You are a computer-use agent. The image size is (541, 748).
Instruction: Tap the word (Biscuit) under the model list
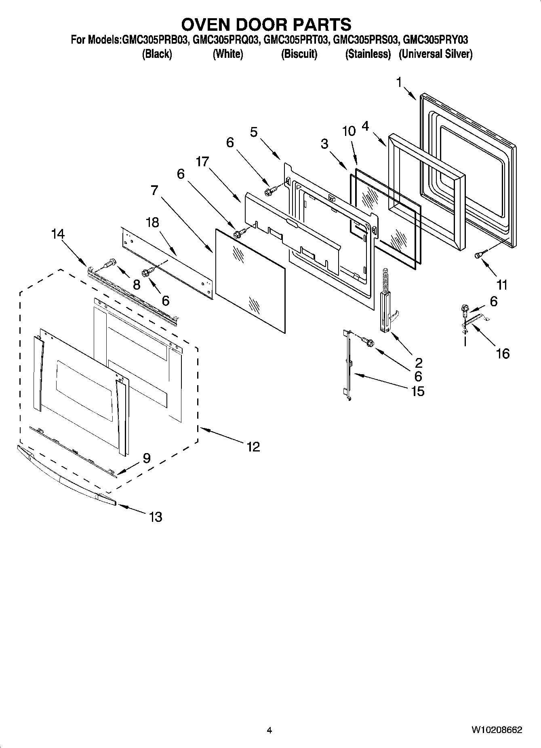tap(299, 54)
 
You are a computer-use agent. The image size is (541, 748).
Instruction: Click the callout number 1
tap(399, 83)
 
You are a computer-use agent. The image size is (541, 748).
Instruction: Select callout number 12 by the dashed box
tap(253, 447)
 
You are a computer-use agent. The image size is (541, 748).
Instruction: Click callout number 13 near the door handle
tap(155, 517)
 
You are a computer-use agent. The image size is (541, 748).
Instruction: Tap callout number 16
tap(503, 354)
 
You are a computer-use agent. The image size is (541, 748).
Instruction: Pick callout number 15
tap(418, 391)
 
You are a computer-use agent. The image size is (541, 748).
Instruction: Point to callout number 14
tap(58, 234)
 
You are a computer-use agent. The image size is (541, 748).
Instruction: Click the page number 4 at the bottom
tap(269, 730)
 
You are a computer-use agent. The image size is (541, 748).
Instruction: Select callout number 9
tap(146, 458)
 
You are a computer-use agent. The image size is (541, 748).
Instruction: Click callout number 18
tap(153, 222)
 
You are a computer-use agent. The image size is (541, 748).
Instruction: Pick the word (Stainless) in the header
tap(368, 54)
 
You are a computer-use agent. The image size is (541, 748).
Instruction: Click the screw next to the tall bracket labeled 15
tap(368, 342)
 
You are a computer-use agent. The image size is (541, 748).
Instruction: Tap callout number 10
tap(349, 131)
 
